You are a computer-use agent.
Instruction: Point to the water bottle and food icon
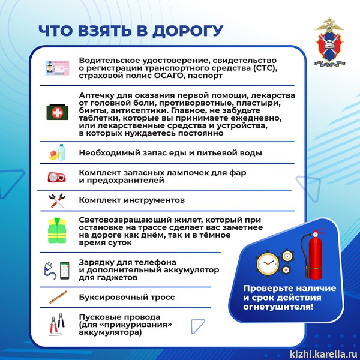tap(58, 152)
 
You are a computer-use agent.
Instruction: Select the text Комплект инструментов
tap(131, 200)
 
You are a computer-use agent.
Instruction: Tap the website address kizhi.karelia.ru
tap(323, 353)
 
